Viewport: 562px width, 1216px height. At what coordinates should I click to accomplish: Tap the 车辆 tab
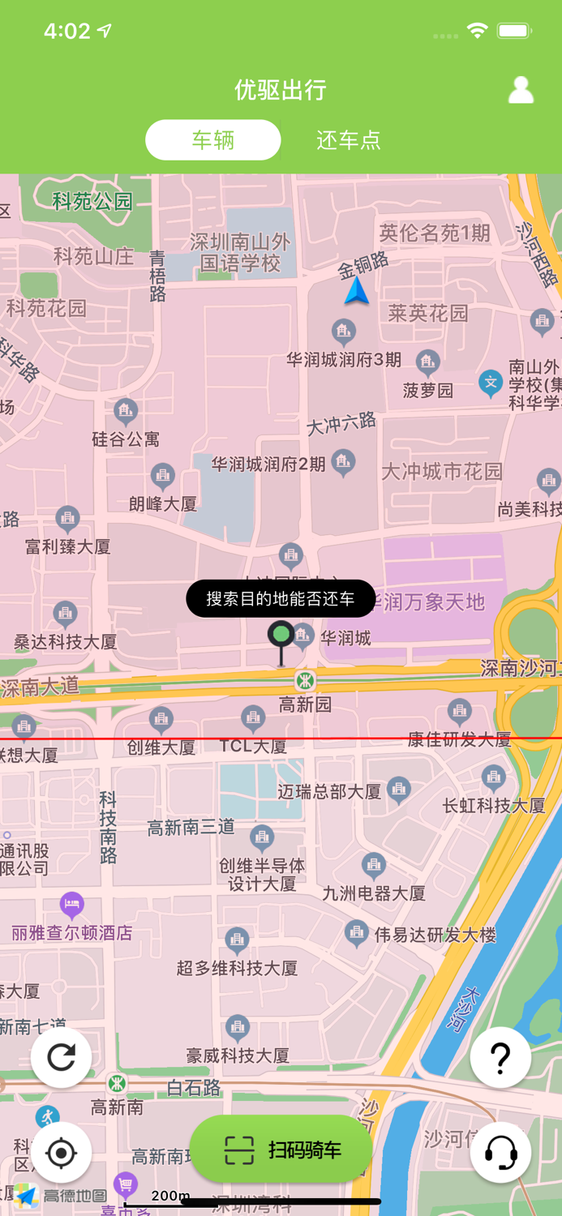pos(213,140)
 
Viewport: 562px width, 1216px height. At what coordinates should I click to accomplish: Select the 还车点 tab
pos(348,140)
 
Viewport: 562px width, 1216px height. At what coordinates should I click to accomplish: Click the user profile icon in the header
pos(521,90)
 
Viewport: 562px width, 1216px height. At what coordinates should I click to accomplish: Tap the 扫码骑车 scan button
pos(281,1150)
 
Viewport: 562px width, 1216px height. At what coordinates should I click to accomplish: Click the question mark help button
pos(500,1057)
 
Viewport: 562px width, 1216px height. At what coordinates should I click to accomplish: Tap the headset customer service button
pos(500,1152)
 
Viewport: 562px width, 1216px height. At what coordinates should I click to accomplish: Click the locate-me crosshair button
pos(62,1152)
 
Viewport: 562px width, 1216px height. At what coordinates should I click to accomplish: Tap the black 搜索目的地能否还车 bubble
pos(281,599)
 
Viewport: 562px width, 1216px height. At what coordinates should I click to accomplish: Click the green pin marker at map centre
pos(281,635)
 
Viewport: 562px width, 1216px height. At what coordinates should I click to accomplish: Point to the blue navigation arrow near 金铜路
pos(356,291)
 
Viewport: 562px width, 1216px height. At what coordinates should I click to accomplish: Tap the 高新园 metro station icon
pos(305,681)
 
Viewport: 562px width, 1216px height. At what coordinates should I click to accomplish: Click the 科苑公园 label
pos(92,201)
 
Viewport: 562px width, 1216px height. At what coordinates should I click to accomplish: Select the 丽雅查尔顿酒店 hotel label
pos(71,932)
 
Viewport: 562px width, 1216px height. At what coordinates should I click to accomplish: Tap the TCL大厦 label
pos(253,747)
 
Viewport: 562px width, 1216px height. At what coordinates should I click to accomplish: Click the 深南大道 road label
pos(41,687)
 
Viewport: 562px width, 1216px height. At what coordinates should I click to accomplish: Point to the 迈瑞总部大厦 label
pos(329,791)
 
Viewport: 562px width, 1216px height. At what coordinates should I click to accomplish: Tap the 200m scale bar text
pos(170,1196)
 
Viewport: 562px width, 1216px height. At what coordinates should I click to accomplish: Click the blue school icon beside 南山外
pos(490,382)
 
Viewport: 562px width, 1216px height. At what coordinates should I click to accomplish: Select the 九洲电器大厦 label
pos(374,893)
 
